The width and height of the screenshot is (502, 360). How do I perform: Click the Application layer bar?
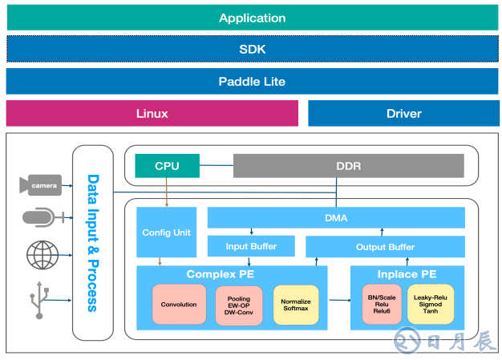252,18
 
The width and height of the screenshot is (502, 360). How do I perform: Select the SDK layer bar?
252,49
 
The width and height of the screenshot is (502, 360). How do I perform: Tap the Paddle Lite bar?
252,81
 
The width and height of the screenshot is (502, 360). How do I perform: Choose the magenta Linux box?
152,113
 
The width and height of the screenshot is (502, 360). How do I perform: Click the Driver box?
403,113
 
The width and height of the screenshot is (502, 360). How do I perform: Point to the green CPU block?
167,166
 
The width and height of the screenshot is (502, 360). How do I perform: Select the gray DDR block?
348,166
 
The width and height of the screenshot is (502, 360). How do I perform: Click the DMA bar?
336,217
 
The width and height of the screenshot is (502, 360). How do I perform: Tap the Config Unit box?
166,232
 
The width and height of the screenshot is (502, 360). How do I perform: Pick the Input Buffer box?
252,246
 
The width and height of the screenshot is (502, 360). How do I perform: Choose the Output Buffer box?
385,246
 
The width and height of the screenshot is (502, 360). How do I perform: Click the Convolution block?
179,305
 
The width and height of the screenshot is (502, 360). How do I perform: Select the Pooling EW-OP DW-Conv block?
238,305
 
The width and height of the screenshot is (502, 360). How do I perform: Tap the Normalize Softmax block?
296,305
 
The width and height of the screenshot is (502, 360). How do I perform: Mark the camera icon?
41,185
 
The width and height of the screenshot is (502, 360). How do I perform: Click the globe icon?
42,255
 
